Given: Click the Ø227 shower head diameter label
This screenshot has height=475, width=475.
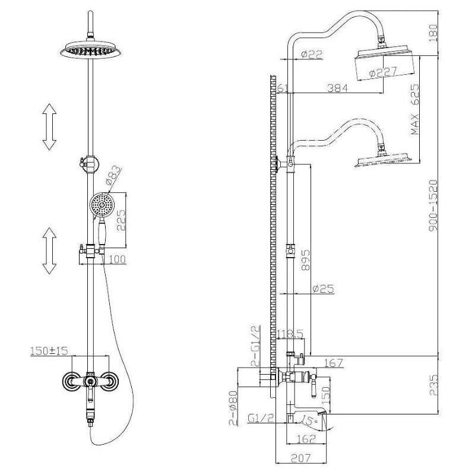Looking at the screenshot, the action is coord(383,72).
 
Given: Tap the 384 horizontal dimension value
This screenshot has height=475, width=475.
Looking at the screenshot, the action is coord(338,88).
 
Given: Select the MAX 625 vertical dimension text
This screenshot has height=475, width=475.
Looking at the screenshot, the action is coord(415,109).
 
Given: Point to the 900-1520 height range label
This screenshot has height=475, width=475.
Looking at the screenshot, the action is coord(433,205).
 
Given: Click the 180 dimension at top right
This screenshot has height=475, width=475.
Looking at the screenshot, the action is coord(433,33).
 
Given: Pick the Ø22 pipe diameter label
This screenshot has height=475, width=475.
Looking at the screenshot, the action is coord(312,54).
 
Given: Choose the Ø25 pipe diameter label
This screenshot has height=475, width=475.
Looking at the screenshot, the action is coord(323,289).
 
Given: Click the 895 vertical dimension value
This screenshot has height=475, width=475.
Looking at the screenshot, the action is coord(305,259).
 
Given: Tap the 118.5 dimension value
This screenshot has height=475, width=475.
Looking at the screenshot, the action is coord(290,334).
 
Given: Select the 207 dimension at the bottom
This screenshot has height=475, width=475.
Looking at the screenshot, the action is coord(301,458).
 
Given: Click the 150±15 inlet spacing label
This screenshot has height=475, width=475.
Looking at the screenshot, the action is coord(49,350).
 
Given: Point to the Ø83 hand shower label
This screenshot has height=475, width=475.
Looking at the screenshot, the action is coord(113,175).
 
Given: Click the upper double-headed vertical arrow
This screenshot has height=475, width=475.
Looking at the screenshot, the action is coord(49,126).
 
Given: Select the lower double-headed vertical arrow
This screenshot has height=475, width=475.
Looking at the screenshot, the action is coord(49,251).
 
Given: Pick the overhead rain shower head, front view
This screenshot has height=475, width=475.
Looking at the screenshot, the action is coord(91,50).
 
